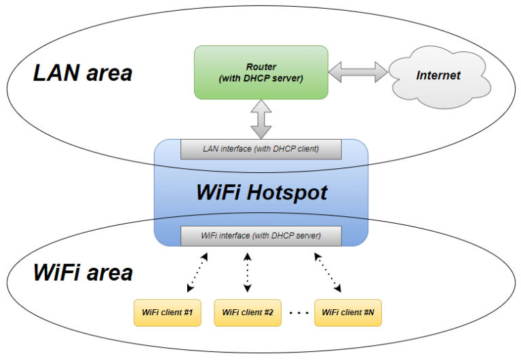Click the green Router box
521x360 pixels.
coord(260,72)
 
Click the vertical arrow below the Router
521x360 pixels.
coord(261,119)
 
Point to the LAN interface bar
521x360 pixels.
coord(261,148)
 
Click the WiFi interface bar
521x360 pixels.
coord(261,236)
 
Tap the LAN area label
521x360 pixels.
coord(82,73)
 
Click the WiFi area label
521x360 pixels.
coord(83,273)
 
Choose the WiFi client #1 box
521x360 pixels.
coord(167,313)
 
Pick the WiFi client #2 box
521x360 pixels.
coord(248,313)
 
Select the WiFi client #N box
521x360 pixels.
coord(347,313)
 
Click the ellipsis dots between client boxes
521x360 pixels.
coord(298,313)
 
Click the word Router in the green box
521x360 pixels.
coord(260,66)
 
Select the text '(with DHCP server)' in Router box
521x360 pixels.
coord(260,79)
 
